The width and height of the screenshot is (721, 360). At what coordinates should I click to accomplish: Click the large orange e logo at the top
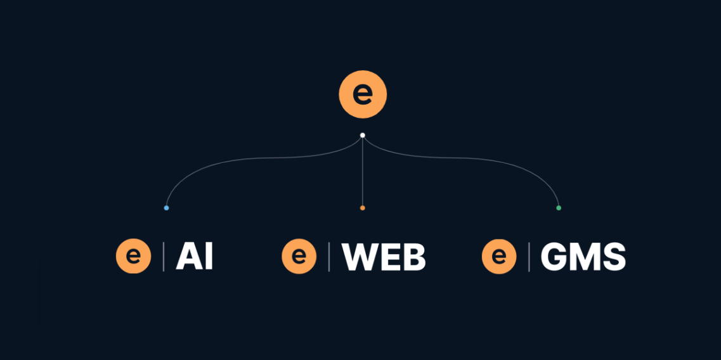point(363,94)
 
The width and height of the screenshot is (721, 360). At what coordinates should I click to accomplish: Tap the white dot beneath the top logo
point(362,135)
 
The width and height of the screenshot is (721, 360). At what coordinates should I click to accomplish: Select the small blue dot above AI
point(166,208)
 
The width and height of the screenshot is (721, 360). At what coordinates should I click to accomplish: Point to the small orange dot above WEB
point(362,208)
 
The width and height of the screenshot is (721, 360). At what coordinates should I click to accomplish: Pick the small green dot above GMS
point(559,208)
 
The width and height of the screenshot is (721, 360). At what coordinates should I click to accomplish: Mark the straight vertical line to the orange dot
point(362,172)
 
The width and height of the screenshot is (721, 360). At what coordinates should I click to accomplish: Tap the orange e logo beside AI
point(133,256)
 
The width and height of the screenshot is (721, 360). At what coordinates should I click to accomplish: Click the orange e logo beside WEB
point(299,256)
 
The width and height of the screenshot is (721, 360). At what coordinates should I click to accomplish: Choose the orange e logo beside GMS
point(499,256)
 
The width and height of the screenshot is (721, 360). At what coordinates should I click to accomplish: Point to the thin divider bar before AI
point(164,256)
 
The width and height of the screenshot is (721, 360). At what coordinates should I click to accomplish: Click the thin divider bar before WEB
point(328,256)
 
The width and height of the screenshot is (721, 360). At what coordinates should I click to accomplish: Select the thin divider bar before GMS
point(529,256)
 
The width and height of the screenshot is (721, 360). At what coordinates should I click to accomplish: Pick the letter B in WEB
point(414,257)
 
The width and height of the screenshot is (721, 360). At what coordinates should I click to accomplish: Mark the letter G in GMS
point(553,257)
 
